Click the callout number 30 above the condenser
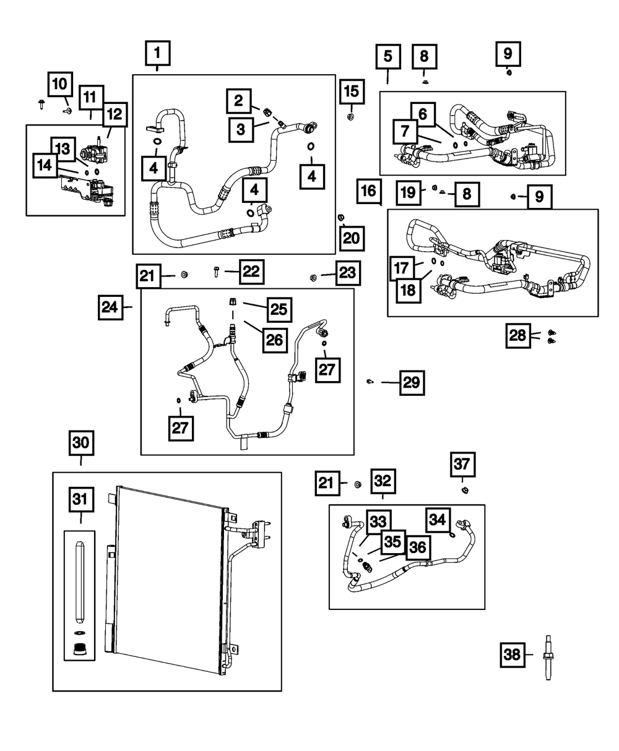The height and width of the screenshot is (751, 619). point(81,443)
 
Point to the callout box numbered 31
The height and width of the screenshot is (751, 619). point(81,500)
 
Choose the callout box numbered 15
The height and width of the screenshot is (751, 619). point(350,92)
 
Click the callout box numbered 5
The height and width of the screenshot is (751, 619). point(387,56)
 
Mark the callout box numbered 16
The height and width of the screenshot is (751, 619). point(369,191)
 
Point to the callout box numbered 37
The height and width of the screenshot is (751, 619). point(463,464)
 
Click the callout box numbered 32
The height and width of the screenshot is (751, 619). point(383,480)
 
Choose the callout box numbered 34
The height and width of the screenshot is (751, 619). point(438,520)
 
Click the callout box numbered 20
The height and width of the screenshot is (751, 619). point(351,238)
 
